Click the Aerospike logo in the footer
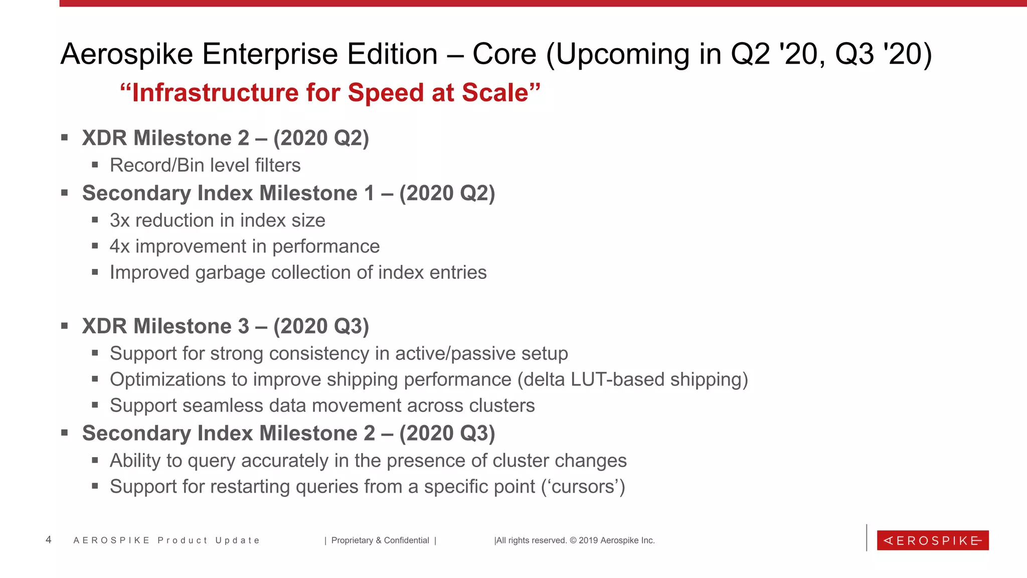[932, 540]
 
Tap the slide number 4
[48, 540]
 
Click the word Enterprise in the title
[319, 54]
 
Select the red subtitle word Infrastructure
[216, 93]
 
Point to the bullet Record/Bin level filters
[205, 166]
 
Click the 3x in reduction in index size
[120, 221]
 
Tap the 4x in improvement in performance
[120, 247]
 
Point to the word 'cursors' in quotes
[583, 487]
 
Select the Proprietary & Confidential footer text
[380, 540]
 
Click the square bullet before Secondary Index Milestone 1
[64, 193]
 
